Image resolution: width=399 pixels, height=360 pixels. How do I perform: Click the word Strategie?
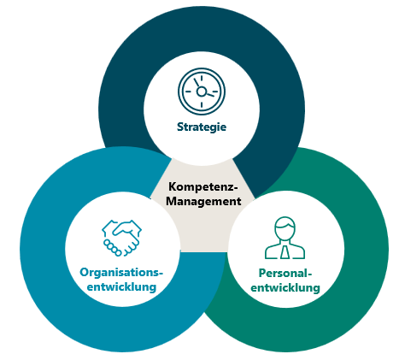pyautogui.click(x=202, y=127)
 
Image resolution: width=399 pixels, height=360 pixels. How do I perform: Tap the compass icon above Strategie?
pyautogui.click(x=202, y=91)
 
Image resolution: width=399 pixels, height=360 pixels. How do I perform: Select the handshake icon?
pyautogui.click(x=121, y=238)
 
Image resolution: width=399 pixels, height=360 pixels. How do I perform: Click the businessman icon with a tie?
pyautogui.click(x=285, y=238)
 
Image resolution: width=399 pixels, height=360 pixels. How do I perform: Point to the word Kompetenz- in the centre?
pyautogui.click(x=203, y=187)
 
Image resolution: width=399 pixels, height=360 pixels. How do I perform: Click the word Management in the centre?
pyautogui.click(x=203, y=201)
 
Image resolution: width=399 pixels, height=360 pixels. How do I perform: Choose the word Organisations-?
pyautogui.click(x=121, y=273)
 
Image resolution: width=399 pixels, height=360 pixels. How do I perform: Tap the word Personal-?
pyautogui.click(x=285, y=274)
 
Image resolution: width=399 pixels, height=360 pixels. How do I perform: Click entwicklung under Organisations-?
pyautogui.click(x=121, y=286)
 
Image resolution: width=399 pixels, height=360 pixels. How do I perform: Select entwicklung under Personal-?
pyautogui.click(x=285, y=287)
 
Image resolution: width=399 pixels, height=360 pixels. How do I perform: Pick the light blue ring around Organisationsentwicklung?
pyautogui.click(x=43, y=250)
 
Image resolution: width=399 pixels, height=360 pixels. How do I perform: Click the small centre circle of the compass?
pyautogui.click(x=202, y=91)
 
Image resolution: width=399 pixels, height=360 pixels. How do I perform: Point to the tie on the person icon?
pyautogui.click(x=285, y=252)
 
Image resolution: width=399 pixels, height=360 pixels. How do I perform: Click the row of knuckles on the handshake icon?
pyautogui.click(x=112, y=247)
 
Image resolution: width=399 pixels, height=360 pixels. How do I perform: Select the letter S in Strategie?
pyautogui.click(x=180, y=127)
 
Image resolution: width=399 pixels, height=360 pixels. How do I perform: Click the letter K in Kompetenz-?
pyautogui.click(x=172, y=187)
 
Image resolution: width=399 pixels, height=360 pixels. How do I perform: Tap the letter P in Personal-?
pyautogui.click(x=261, y=274)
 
